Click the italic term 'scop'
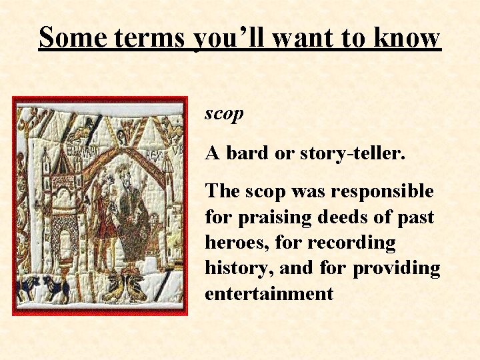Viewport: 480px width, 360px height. pos(224,114)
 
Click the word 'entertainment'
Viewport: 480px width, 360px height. pos(269,293)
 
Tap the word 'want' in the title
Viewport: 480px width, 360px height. pos(306,37)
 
